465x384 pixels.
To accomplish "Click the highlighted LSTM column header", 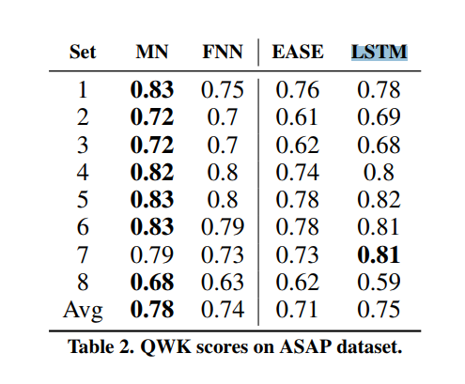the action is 379,52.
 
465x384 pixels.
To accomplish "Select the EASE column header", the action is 298,52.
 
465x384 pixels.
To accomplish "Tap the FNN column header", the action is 223,52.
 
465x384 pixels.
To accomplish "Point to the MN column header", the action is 152,52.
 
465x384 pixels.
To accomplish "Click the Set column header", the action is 83,52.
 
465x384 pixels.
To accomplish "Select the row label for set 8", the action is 83,282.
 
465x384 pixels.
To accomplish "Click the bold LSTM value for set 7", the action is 379,254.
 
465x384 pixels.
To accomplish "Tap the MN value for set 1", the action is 152,90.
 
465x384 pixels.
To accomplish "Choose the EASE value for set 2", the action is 297,117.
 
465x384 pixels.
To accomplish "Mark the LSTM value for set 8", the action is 379,282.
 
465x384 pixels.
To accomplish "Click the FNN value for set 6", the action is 223,227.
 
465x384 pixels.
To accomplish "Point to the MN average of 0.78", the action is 152,310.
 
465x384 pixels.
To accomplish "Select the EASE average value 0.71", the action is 297,310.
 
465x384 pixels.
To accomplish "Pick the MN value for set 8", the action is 152,282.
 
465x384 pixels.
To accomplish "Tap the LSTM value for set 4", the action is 379,172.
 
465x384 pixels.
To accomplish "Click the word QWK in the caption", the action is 165,346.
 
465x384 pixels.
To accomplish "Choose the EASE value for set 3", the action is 297,145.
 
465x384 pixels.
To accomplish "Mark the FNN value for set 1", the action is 223,90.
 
